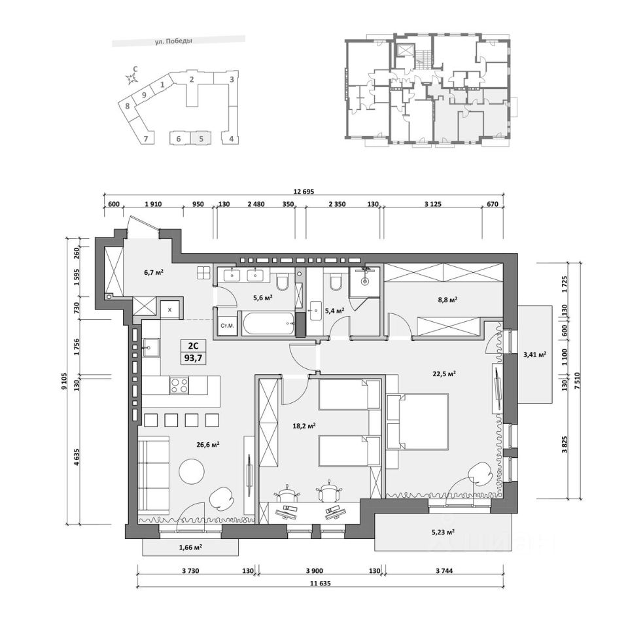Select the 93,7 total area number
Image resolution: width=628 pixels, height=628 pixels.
click(194, 358)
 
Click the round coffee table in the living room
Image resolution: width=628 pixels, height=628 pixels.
click(192, 472)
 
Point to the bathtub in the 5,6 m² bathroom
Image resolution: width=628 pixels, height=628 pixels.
click(267, 323)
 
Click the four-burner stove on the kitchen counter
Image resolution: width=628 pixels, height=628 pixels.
click(179, 385)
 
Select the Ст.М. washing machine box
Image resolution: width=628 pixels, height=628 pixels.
click(227, 325)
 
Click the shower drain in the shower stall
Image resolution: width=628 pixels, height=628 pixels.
click(364, 281)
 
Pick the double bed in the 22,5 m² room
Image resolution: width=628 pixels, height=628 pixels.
click(417, 421)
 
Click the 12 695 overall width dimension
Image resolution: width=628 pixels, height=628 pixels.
click(304, 192)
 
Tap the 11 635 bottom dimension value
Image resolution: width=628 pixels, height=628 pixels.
click(320, 583)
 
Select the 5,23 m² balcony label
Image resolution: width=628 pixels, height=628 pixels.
click(443, 532)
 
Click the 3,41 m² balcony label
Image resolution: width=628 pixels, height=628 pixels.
click(534, 354)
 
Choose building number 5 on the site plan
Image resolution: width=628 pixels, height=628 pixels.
click(201, 139)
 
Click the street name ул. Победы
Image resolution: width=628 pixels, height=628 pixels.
click(173, 41)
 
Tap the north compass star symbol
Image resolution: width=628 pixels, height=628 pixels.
click(130, 79)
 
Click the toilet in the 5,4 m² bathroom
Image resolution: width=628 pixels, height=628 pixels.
click(335, 281)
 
